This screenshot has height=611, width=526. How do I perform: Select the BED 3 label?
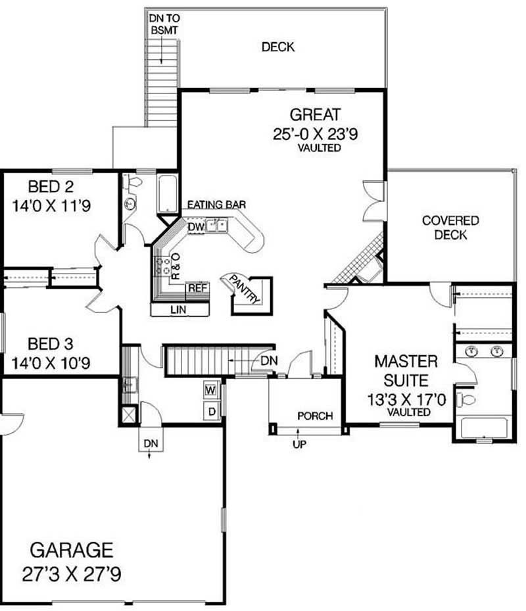51,343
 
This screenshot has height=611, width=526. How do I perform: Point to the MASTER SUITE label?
406,370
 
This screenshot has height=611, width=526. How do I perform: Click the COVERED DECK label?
450,228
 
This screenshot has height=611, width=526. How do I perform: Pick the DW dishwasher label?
196,226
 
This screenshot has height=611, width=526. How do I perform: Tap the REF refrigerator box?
198,288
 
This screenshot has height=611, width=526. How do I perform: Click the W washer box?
211,389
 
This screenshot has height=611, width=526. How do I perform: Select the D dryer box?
212,412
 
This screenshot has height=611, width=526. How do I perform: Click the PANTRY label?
245,289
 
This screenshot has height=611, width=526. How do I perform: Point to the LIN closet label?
178,308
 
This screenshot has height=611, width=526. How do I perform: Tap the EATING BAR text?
217,205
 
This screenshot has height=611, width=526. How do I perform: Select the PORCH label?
315,416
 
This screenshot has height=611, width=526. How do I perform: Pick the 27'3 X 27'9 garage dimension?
72,574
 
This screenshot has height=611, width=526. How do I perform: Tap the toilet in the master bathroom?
467,399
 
